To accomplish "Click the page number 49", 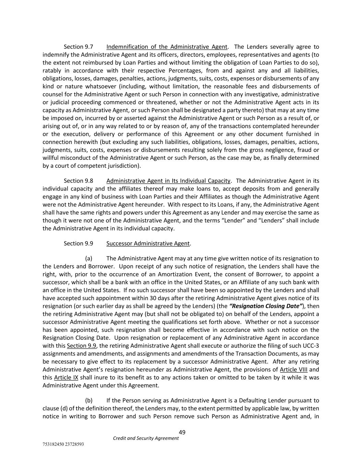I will (182, 432).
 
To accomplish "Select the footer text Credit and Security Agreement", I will (146, 438).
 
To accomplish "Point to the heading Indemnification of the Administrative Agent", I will (167, 47).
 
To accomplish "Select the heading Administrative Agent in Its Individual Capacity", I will (168, 181).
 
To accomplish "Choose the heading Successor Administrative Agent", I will (148, 243).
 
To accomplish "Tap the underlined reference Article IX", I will (66, 377).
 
